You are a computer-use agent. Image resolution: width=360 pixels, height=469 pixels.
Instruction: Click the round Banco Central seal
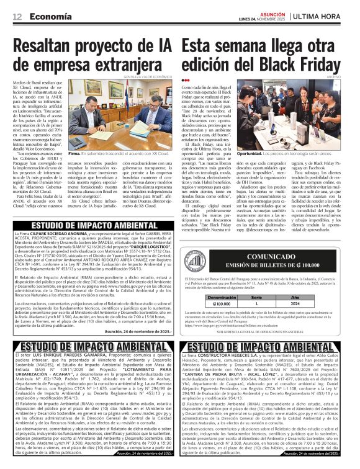coord(194,247)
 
